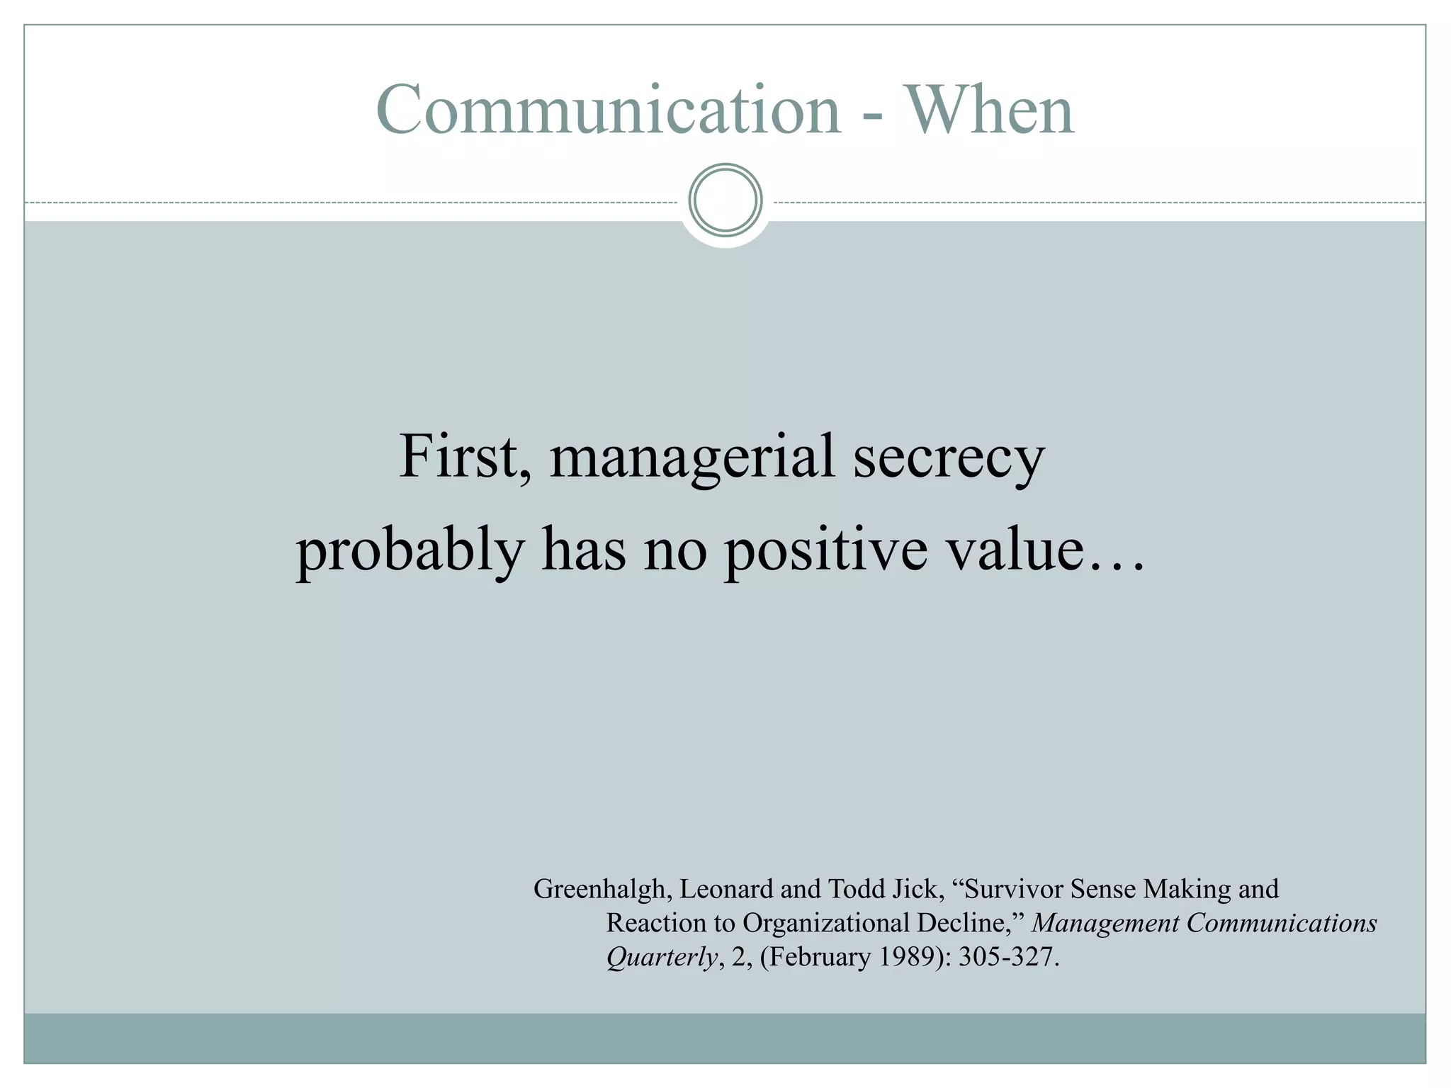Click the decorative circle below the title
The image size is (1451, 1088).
pos(725,200)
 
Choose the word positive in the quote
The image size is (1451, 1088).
pos(825,550)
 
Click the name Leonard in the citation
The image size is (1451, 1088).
pos(726,888)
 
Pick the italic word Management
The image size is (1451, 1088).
pos(1105,923)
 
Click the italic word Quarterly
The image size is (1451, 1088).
pos(662,958)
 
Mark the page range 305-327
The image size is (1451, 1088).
pos(1008,957)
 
